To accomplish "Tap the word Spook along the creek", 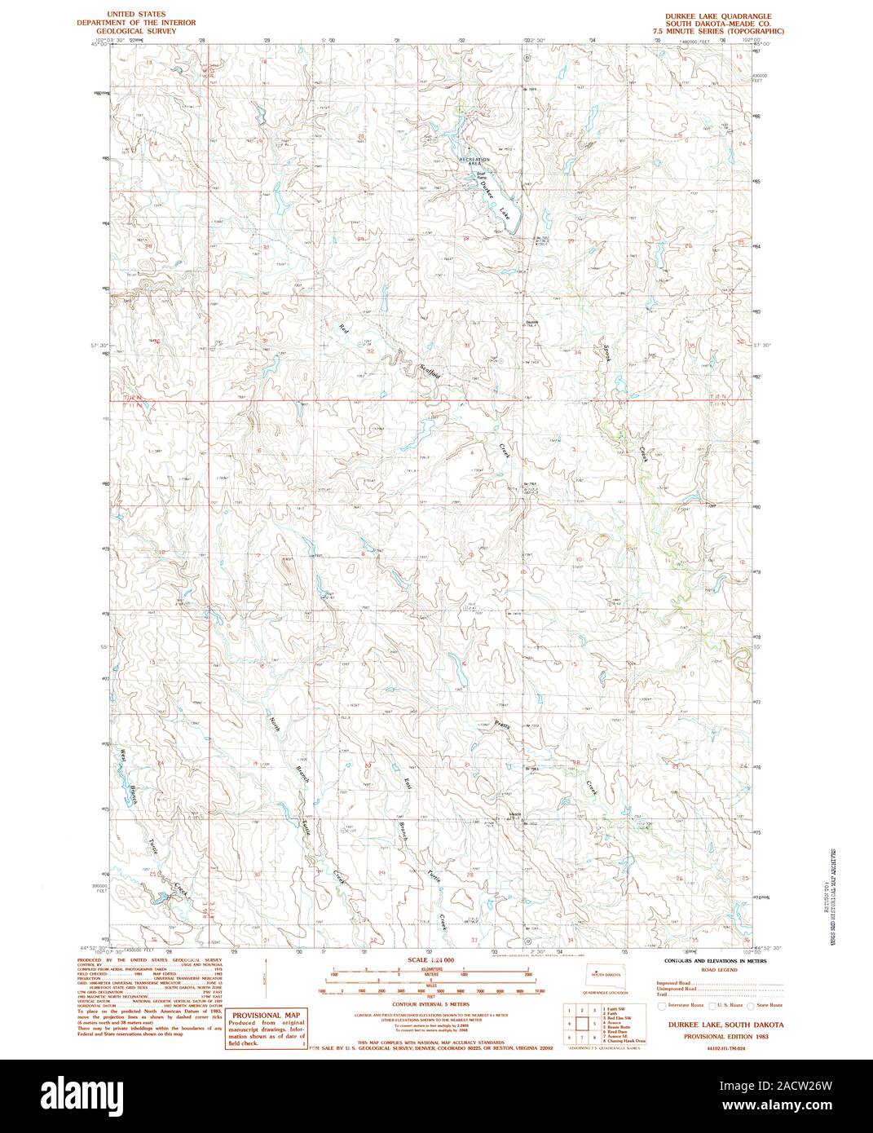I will click(x=606, y=351).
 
